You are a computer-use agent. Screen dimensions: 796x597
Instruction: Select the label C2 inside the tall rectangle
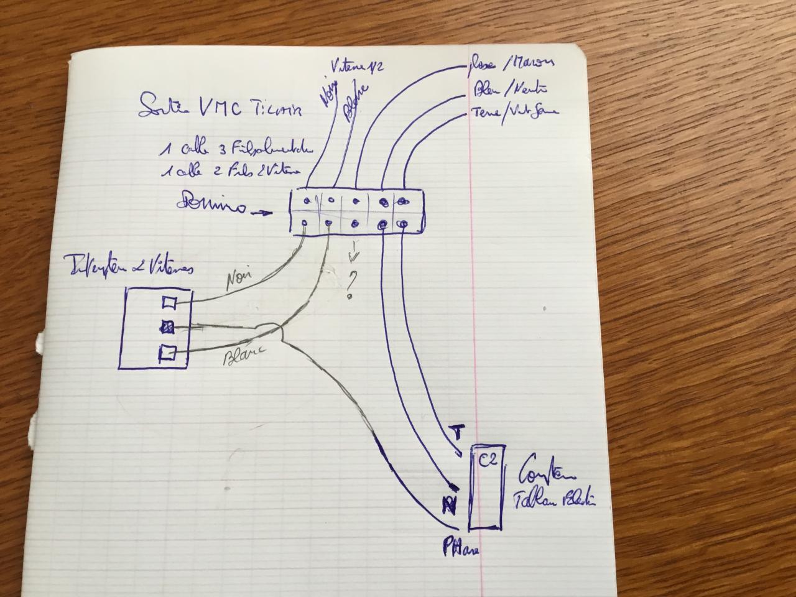click(488, 461)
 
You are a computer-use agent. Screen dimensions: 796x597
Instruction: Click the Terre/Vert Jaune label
click(516, 112)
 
